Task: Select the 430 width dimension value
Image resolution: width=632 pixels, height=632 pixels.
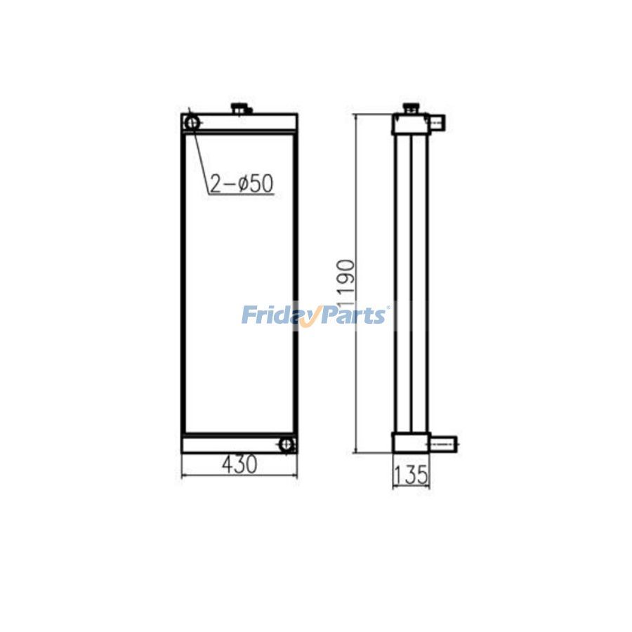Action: point(239,463)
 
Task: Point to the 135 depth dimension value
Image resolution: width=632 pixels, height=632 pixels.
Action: point(411,475)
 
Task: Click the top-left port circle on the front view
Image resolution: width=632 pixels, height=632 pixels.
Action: point(192,123)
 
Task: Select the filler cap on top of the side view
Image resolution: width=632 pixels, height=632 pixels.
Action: point(410,109)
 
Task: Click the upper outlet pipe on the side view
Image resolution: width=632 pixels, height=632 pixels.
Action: point(437,124)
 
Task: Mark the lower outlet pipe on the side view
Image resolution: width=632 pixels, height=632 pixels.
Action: point(442,444)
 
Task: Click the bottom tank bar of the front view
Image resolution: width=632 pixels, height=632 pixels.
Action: point(232,445)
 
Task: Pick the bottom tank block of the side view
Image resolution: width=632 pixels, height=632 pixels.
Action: point(410,443)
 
